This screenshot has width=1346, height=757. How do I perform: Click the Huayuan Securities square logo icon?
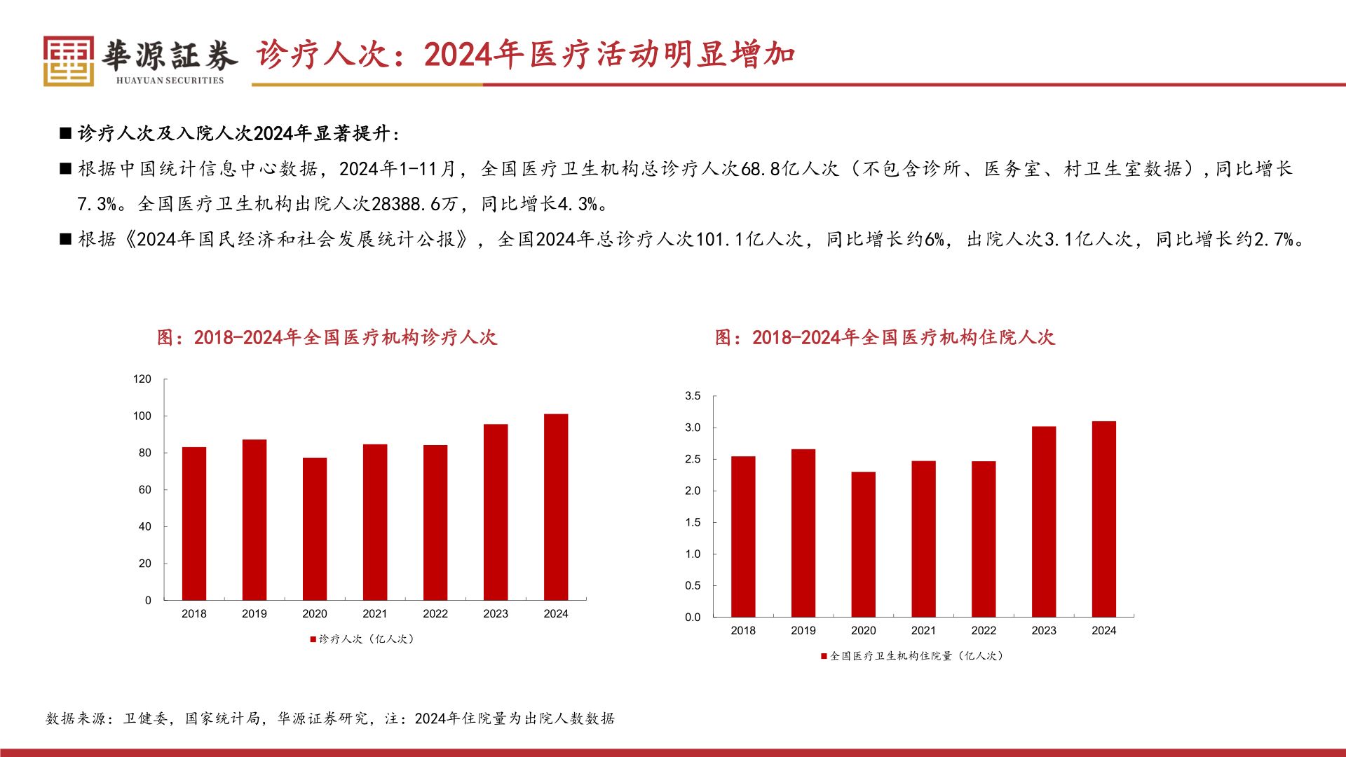pos(68,61)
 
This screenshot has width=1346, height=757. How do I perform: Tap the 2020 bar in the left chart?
pos(315,528)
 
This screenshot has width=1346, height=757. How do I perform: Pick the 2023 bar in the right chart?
pos(1044,521)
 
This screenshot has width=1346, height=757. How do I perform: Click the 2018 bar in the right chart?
pos(743,536)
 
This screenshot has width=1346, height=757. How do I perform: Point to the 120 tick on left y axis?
pos(142,379)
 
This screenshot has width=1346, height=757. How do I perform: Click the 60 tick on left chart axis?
pos(144,490)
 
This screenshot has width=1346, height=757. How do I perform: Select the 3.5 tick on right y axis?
pos(693,396)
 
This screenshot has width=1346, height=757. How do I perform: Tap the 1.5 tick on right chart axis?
pos(693,522)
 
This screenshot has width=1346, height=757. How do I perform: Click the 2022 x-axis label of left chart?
pos(435,613)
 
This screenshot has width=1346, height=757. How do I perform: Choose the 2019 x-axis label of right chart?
pos(803,630)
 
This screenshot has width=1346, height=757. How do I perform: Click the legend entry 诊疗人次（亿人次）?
pos(362,639)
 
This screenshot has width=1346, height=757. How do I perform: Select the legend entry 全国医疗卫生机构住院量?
pos(913,655)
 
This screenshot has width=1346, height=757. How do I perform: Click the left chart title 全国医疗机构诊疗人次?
pos(327,337)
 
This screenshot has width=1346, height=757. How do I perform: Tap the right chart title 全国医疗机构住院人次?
pos(885,337)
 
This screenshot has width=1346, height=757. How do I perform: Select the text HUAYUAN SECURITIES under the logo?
pos(170,81)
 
